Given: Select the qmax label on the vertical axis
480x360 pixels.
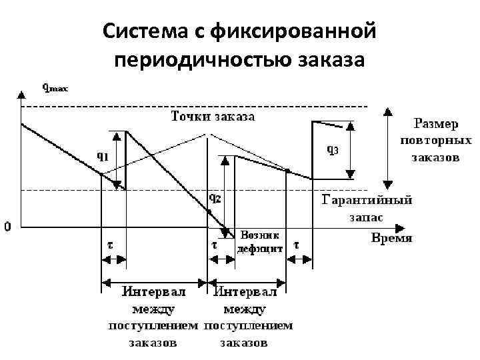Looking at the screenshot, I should (55, 87).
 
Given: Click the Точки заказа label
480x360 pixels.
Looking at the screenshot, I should (213, 117).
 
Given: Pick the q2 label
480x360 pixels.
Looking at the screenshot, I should (215, 197).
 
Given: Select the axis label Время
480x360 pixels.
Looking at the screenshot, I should (391, 238).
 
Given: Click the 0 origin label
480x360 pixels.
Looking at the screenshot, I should (7, 227).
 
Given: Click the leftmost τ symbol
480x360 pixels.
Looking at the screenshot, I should (109, 244).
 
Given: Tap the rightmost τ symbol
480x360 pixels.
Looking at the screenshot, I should (296, 244).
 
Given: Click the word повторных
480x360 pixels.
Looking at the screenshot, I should (436, 141).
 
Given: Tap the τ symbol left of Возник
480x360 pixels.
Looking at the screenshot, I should (214, 244).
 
